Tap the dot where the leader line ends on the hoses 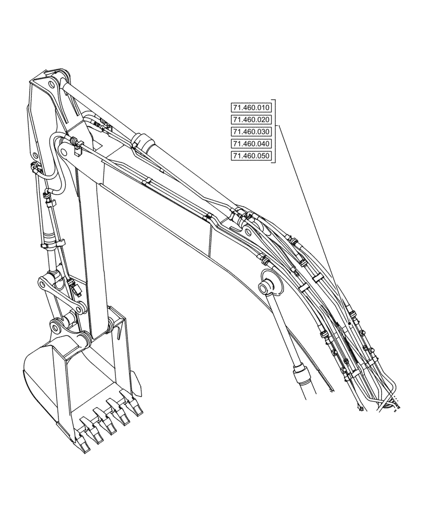[x=348, y=324]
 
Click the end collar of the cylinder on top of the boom [x=142, y=141]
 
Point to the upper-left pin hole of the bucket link [x=43, y=284]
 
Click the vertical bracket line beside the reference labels [x=275, y=132]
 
